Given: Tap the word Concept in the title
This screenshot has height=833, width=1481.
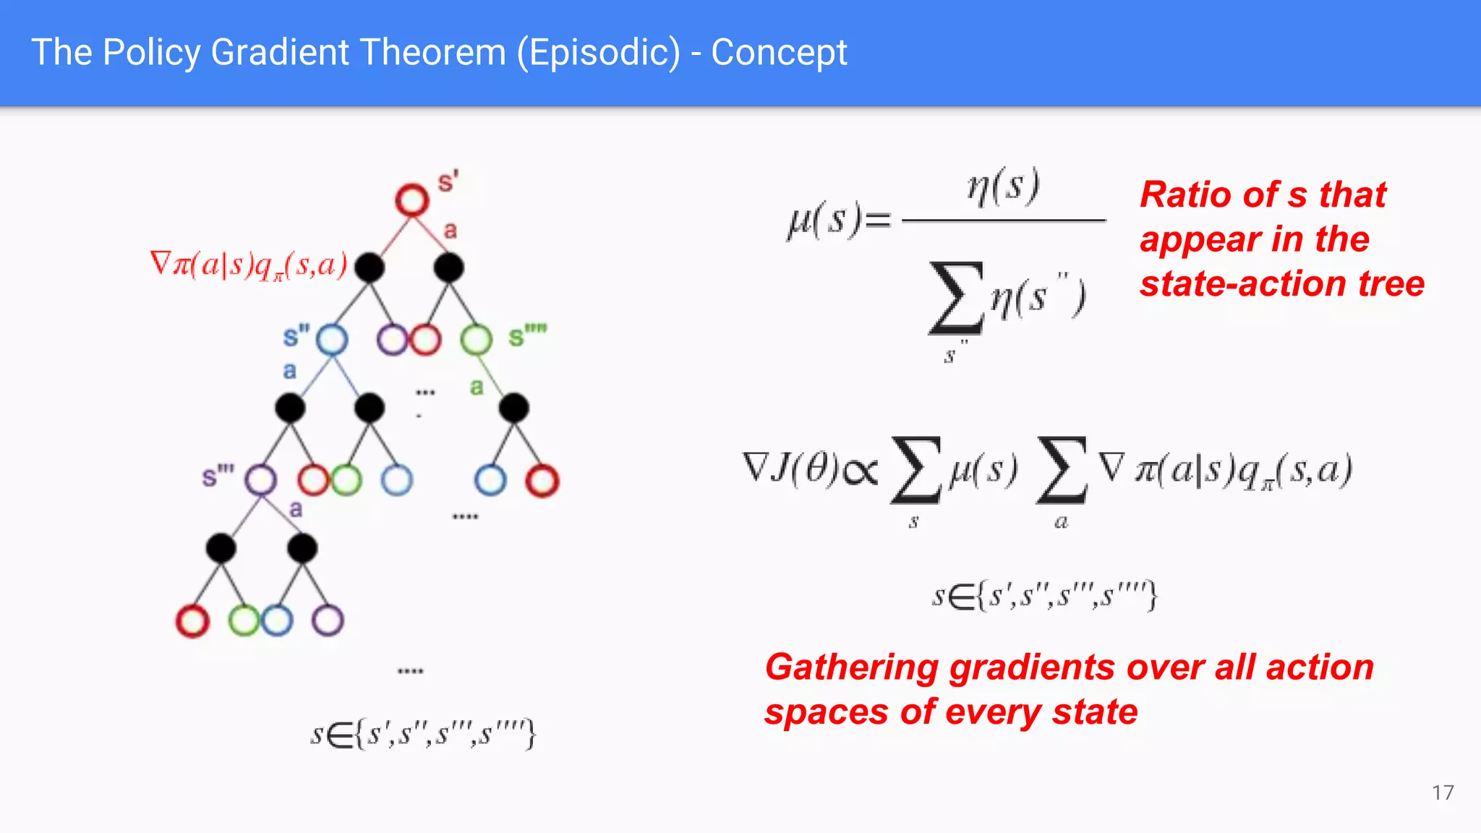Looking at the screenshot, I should pyautogui.click(x=779, y=53).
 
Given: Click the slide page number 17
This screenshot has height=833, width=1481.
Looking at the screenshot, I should pyautogui.click(x=1442, y=793).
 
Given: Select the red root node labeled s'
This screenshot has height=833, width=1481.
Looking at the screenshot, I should pyautogui.click(x=412, y=200).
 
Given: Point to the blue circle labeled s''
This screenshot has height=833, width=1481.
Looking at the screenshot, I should pyautogui.click(x=332, y=339).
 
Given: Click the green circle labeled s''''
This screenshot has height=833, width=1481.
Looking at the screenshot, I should pyautogui.click(x=476, y=339).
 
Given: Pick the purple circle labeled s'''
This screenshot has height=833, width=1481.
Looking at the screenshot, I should pyautogui.click(x=260, y=479).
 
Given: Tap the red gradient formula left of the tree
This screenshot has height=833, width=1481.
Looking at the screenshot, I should pyautogui.click(x=248, y=265).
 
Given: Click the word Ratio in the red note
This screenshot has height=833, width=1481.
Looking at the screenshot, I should pyautogui.click(x=1184, y=195).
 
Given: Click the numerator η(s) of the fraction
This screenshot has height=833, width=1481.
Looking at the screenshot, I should pyautogui.click(x=1004, y=187).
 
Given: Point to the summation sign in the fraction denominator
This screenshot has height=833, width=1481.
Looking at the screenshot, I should pyautogui.click(x=956, y=298).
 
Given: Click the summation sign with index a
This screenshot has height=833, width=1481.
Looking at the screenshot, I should pyautogui.click(x=1061, y=470).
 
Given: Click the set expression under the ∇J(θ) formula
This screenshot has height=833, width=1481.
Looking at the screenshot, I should pyautogui.click(x=1044, y=596).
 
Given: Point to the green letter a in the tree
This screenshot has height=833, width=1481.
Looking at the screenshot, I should pyautogui.click(x=476, y=387).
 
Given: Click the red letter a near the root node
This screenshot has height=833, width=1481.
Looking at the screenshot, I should pyautogui.click(x=450, y=231).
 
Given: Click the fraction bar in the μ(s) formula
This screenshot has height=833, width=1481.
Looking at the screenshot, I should pyautogui.click(x=1004, y=220).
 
